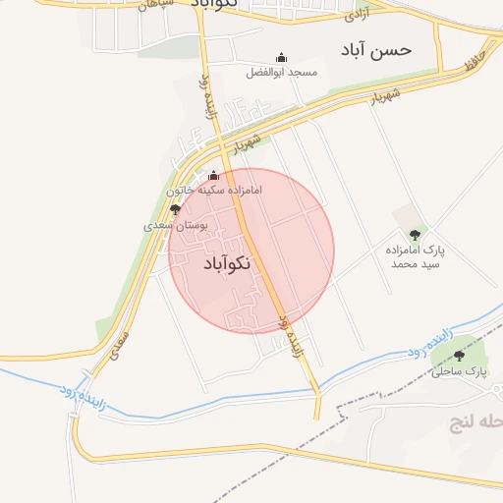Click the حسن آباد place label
pos(376,49)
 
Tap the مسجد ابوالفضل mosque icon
pos(282,58)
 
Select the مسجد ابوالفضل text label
pos(282,73)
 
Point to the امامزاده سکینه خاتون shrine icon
pos(213,175)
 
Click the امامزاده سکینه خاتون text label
pos(213,190)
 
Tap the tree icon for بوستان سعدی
pos(176,209)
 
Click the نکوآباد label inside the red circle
pos(227,263)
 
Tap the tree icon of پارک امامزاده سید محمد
pos(416,235)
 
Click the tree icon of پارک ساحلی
pos(459,356)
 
